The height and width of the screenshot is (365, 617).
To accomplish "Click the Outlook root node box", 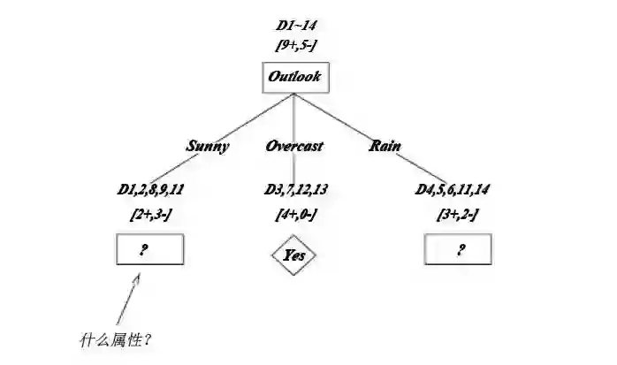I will (x=295, y=78).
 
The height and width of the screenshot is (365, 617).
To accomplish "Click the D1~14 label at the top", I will (x=296, y=27).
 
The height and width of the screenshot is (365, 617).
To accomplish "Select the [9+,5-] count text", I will (x=297, y=45).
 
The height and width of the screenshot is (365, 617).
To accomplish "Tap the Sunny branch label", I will (x=208, y=146).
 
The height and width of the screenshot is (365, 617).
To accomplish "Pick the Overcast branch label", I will (x=294, y=146).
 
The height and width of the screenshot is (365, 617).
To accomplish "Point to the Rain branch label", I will (x=385, y=146).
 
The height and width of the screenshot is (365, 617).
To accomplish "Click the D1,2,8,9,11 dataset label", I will (x=150, y=189).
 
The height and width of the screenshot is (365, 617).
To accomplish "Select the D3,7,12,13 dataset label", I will (x=296, y=189).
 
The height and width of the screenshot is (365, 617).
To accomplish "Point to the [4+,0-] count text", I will (x=296, y=214).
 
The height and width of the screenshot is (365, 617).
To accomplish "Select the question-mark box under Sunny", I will (x=149, y=250).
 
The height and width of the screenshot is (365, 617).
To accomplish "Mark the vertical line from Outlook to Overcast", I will (x=295, y=115).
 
